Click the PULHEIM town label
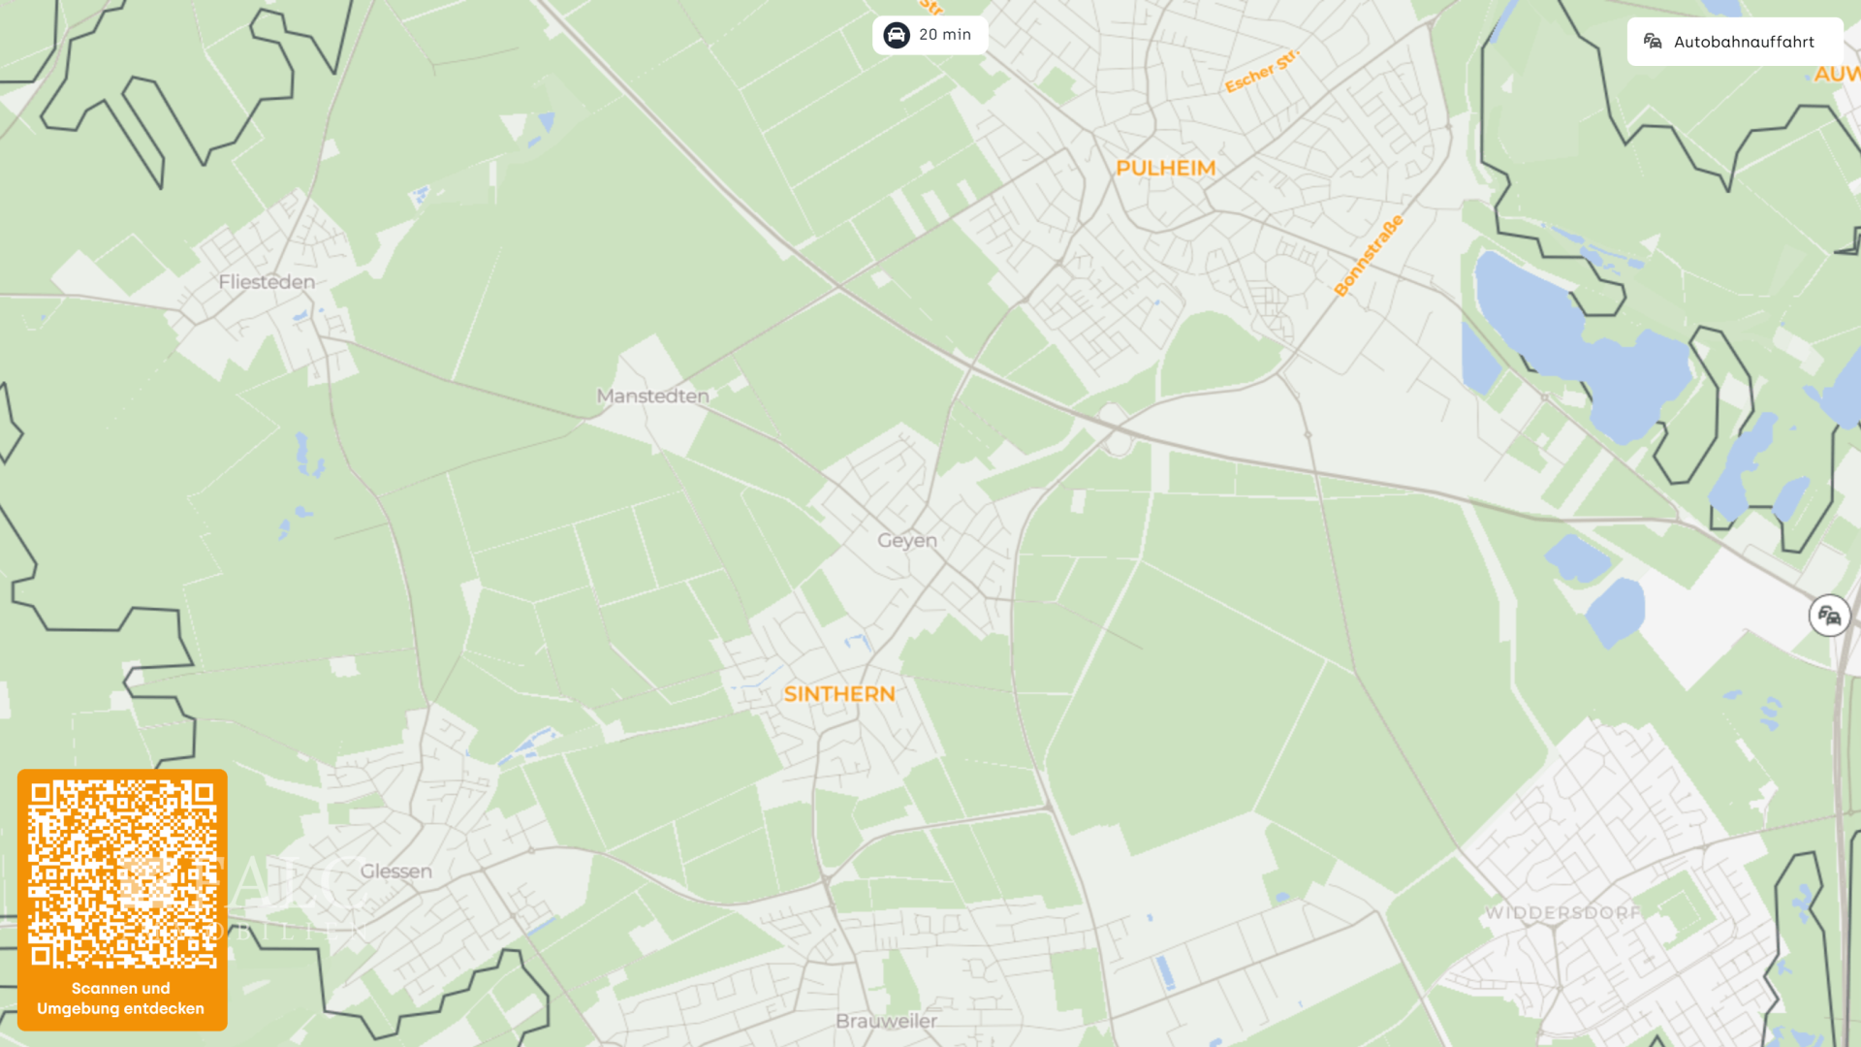[x=1165, y=169]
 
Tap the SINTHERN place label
[x=839, y=694]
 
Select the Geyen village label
[x=907, y=541]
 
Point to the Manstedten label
[x=653, y=397]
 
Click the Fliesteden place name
[x=267, y=282]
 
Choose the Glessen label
[x=396, y=872]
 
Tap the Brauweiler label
[x=887, y=1021]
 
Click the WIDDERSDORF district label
[x=1562, y=913]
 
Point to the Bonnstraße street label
[x=1368, y=256]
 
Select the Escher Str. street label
[x=1260, y=72]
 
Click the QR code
[x=122, y=874]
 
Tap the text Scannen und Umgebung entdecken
[x=121, y=999]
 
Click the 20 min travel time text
[x=945, y=35]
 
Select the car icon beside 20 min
[x=897, y=35]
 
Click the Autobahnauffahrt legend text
[x=1744, y=42]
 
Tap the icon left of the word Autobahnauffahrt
[x=1653, y=41]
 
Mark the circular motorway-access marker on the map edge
[x=1829, y=616]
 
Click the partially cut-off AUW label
[x=1837, y=75]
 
